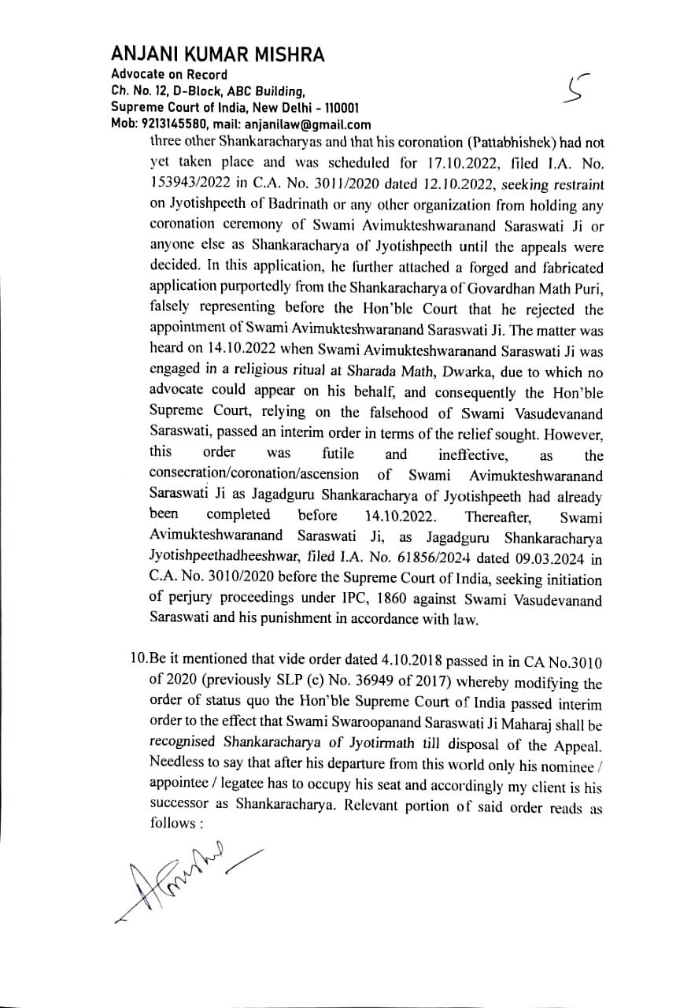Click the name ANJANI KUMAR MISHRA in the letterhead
pyautogui.click(x=218, y=54)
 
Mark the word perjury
pyautogui.click(x=187, y=601)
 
